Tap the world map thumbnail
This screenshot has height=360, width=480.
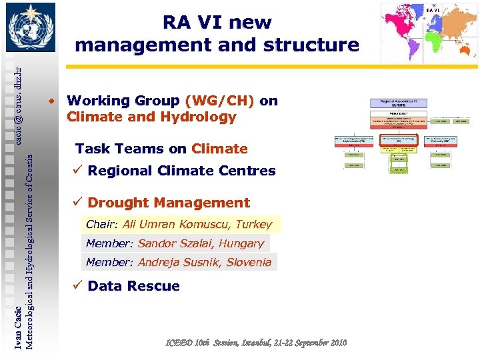429,33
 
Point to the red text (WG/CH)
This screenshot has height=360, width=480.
220,101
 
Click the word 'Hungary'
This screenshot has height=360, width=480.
241,244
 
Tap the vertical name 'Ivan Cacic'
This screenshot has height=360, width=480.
18,327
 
